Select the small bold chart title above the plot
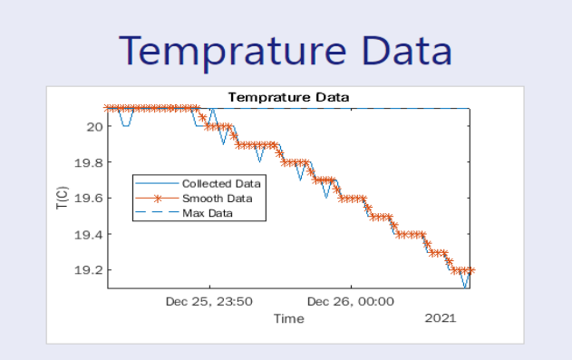(288, 97)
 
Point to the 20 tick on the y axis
(94, 126)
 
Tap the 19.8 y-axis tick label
(89, 162)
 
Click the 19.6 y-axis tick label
(89, 199)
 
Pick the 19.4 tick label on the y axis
(89, 234)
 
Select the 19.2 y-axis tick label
(89, 270)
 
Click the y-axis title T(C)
(61, 199)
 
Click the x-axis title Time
(289, 318)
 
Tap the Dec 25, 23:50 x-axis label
(208, 301)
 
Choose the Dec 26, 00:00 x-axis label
(351, 301)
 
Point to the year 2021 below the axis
(441, 318)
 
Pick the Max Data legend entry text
(208, 213)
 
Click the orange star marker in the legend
(158, 198)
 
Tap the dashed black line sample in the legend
(158, 213)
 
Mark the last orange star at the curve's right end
(470, 270)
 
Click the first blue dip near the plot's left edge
(125, 124)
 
